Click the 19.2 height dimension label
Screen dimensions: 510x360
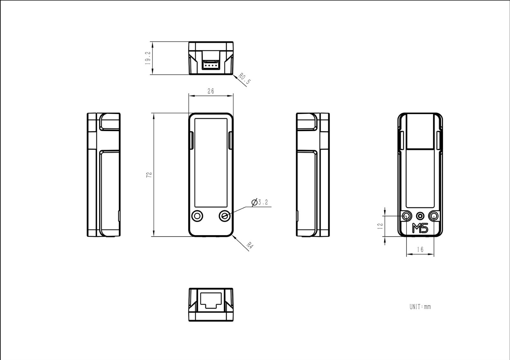coord(148,58)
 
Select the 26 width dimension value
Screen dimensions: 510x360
coord(211,91)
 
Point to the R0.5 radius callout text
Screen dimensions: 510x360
coord(244,78)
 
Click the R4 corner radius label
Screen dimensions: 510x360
coord(250,246)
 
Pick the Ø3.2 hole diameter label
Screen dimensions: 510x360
coord(260,202)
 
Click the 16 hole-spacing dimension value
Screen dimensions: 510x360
coord(420,250)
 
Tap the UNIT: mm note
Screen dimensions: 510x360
coord(420,307)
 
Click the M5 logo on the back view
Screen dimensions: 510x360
coord(420,228)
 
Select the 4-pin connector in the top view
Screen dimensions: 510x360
coord(211,65)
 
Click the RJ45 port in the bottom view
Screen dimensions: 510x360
coord(211,300)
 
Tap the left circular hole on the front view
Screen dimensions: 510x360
coord(197,216)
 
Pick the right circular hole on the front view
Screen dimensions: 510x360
coord(225,216)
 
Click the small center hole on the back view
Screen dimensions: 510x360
coord(420,216)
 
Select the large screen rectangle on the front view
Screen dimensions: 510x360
coord(211,163)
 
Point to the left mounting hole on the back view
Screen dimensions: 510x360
coord(406,216)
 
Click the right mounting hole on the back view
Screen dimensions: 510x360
coord(434,216)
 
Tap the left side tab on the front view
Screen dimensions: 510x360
coord(192,140)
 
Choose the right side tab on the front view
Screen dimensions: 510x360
coord(230,140)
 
